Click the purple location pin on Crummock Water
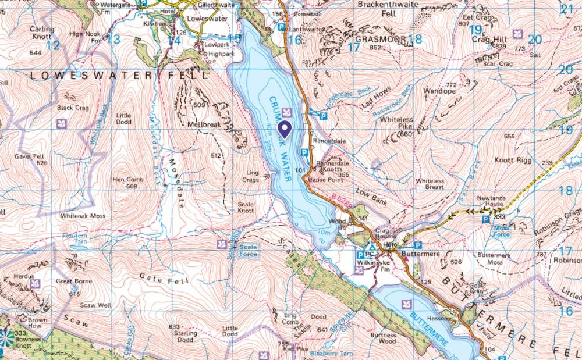tap(285, 129)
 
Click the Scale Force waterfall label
tap(246, 249)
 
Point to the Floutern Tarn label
tap(74, 239)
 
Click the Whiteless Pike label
tap(396, 123)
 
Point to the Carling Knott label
tap(42, 33)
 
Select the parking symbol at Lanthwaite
tap(281, 27)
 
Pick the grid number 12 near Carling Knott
tap(53, 44)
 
